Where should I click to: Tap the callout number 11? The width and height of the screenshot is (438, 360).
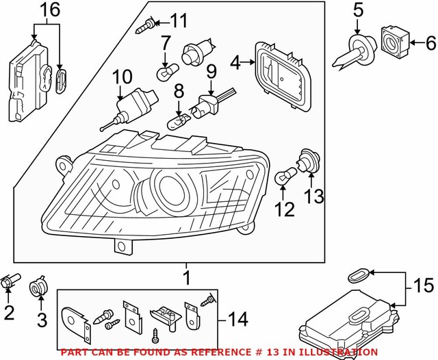[178, 21]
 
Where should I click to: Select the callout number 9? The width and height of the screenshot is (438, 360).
[211, 70]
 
